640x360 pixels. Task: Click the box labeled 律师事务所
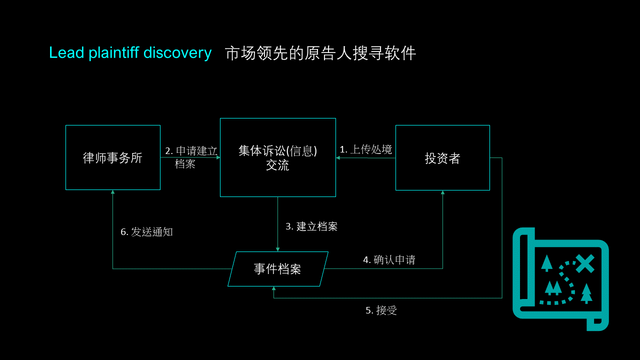point(112,157)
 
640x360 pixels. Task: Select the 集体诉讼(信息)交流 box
point(277,157)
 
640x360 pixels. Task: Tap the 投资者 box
point(442,158)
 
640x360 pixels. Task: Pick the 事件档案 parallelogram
point(278,269)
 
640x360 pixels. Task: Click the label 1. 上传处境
point(365,149)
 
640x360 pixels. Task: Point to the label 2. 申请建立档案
point(191,157)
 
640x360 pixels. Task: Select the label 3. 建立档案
point(311,226)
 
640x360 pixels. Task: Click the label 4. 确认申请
point(389,260)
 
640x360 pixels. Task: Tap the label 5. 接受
point(381,310)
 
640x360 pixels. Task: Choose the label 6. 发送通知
point(146,232)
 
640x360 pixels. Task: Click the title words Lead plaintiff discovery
point(130,52)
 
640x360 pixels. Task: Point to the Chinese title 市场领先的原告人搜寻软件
point(320,53)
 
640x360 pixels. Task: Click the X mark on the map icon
point(584,263)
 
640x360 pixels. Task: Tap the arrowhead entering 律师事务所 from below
point(112,192)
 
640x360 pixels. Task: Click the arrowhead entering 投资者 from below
point(442,193)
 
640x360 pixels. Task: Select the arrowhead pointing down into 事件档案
point(277,249)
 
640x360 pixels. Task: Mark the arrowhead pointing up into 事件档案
point(273,289)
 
